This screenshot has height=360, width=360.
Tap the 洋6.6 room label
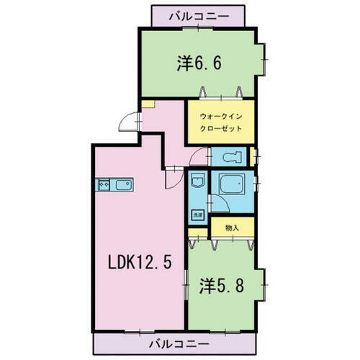pos(199,63)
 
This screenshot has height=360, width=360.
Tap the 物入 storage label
pos(232,228)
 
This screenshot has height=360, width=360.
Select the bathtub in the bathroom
pos(233,186)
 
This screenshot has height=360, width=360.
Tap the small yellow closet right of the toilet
pos(253,157)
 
